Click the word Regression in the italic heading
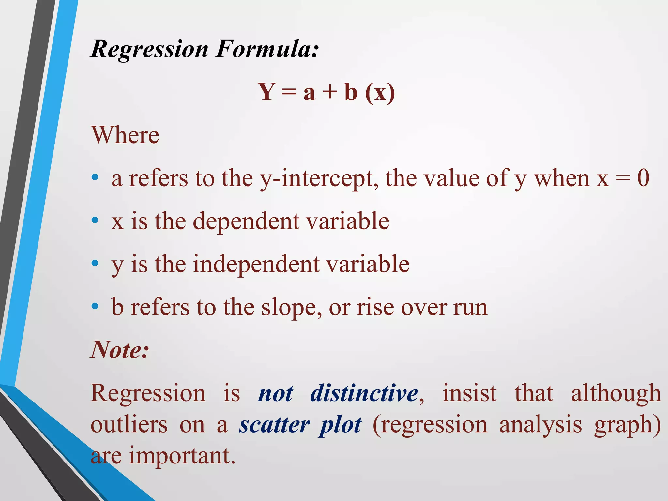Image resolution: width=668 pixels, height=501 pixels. (149, 50)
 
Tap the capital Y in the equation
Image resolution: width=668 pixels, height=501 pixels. (267, 92)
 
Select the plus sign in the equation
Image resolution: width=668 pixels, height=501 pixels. (330, 92)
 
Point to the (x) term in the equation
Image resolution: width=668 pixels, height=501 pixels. (380, 93)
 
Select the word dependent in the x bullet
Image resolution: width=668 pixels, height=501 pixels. (246, 221)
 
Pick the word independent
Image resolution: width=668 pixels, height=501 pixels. (256, 264)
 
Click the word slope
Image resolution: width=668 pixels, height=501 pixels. (289, 308)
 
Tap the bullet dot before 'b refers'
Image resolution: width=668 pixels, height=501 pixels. (95, 306)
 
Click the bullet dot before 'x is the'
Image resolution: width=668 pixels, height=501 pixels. (95, 220)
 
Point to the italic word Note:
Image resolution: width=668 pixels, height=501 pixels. (120, 350)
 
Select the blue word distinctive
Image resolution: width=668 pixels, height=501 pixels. (364, 393)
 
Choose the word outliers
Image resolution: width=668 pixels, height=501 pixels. (129, 425)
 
